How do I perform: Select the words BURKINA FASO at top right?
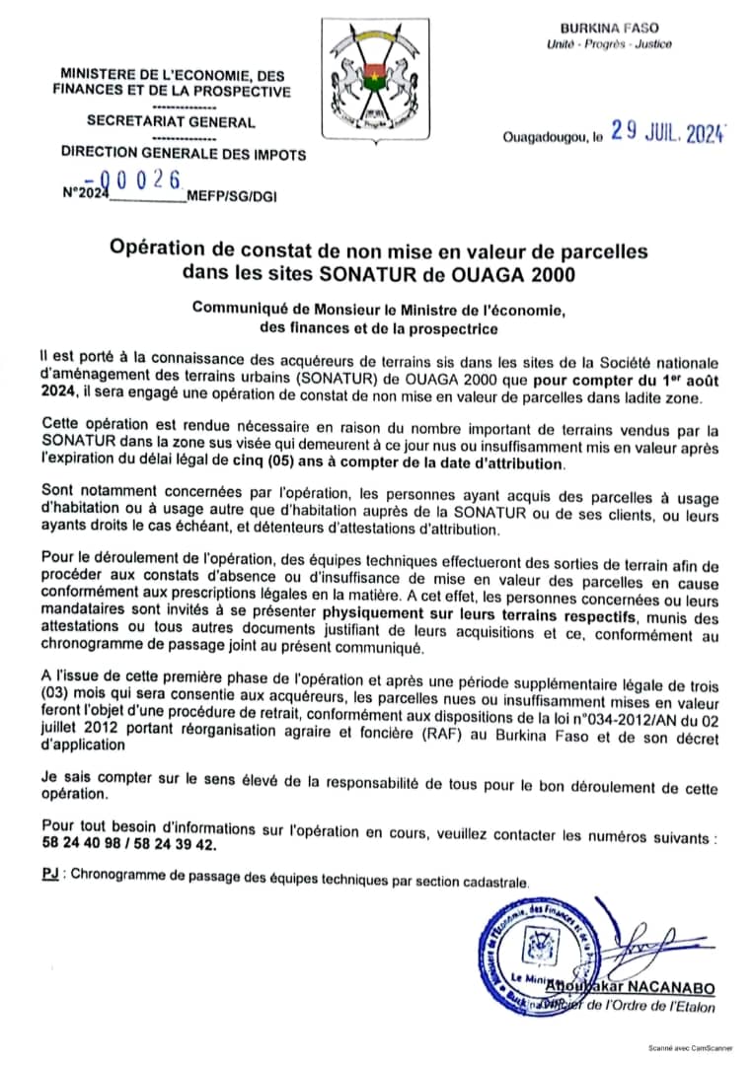pyautogui.click(x=609, y=29)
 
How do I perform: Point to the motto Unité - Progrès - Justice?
pyautogui.click(x=609, y=44)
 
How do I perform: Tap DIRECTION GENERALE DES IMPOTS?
pyautogui.click(x=184, y=154)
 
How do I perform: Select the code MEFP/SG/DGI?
pyautogui.click(x=238, y=196)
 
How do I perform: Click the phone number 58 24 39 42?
pyautogui.click(x=175, y=845)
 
